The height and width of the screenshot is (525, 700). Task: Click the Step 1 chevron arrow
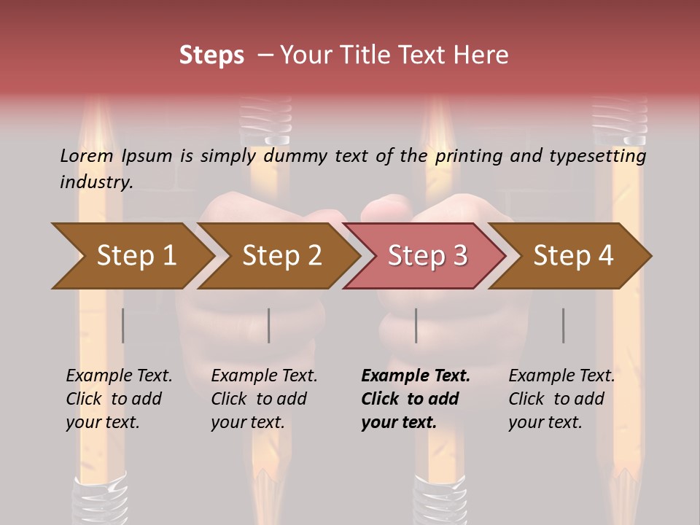tap(136, 256)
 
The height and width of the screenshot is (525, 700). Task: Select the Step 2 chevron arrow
tap(281, 256)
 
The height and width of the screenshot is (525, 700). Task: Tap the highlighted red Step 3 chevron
tap(427, 256)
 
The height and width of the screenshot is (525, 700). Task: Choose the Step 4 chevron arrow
tap(573, 256)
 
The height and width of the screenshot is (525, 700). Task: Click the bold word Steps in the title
tap(211, 55)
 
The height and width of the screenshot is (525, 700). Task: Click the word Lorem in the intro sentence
tap(87, 155)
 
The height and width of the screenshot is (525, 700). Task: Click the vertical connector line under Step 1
tap(123, 325)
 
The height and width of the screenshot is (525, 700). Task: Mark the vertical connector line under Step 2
tap(269, 325)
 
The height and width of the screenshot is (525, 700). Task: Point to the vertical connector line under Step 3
tap(416, 325)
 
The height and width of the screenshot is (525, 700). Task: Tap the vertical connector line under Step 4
tap(563, 325)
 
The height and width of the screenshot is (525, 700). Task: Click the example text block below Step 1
tap(119, 399)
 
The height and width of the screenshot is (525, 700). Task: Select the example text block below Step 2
tap(264, 399)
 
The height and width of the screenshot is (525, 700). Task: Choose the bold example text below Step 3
tap(415, 399)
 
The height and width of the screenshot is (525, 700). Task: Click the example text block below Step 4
tap(561, 399)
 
